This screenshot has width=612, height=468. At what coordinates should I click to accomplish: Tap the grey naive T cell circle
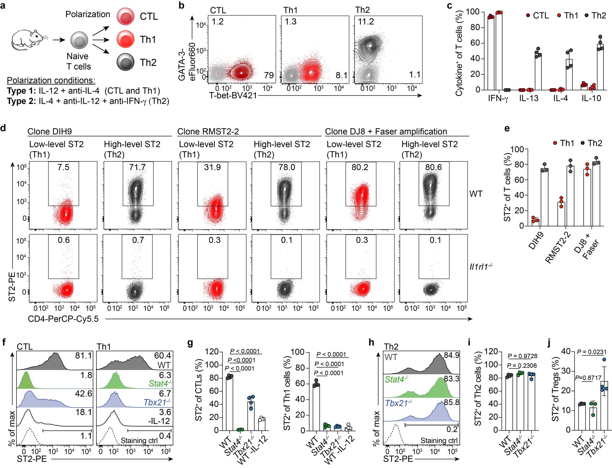coord(79,40)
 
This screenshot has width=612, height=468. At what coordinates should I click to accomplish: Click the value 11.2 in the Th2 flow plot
coord(366,22)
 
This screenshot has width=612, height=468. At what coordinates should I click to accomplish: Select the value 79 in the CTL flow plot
coord(269,75)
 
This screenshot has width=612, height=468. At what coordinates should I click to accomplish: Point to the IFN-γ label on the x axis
coord(498,99)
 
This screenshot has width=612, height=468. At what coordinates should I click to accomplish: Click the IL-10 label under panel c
coord(591,99)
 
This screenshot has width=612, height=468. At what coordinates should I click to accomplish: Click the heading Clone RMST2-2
coord(208,131)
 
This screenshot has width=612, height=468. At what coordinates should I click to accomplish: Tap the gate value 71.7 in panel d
coord(137,167)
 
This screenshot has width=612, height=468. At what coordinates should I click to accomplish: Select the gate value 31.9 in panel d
coord(212,167)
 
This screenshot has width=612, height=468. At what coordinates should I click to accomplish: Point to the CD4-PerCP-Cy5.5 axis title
coord(63,319)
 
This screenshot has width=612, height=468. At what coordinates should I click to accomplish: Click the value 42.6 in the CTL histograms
coord(84,394)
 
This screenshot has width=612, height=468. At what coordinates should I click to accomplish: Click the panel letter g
coord(190,343)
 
